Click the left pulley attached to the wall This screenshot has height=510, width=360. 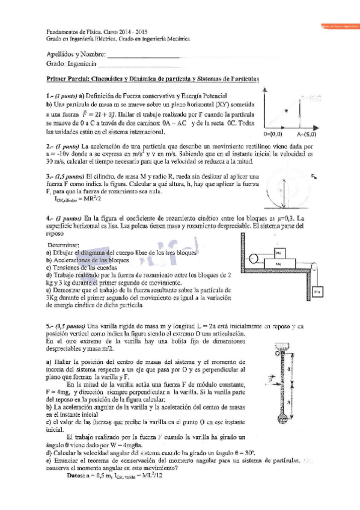pos(255,259)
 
